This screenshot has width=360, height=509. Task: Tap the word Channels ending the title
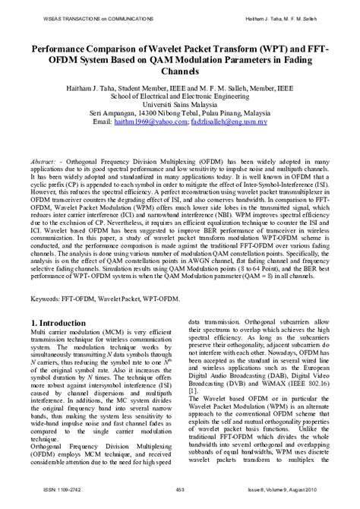179,71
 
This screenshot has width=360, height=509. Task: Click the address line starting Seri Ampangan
179,111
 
